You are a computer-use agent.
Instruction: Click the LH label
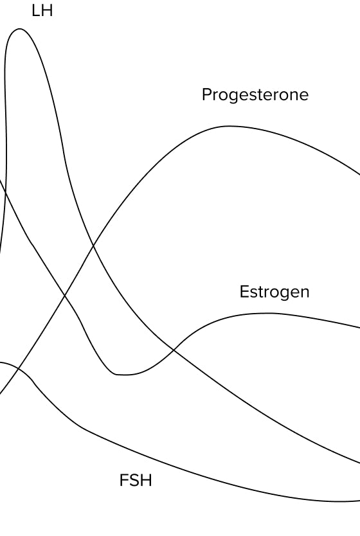point(42,10)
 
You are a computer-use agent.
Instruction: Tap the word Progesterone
point(255,94)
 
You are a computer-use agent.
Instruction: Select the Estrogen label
point(274,292)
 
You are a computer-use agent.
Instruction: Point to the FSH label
point(136,480)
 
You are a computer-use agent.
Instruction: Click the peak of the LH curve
point(19,29)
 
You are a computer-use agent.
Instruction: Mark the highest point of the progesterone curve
point(228,126)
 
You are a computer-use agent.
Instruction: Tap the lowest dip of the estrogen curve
point(123,375)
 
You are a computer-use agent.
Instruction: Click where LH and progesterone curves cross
point(93,245)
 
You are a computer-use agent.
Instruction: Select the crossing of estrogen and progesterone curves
point(65,294)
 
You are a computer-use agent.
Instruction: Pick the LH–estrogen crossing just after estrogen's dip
point(174,350)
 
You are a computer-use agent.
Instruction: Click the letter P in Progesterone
point(206,94)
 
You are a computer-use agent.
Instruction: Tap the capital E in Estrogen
point(244,292)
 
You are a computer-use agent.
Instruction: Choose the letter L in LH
point(35,10)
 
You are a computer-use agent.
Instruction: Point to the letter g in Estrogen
point(282,294)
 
